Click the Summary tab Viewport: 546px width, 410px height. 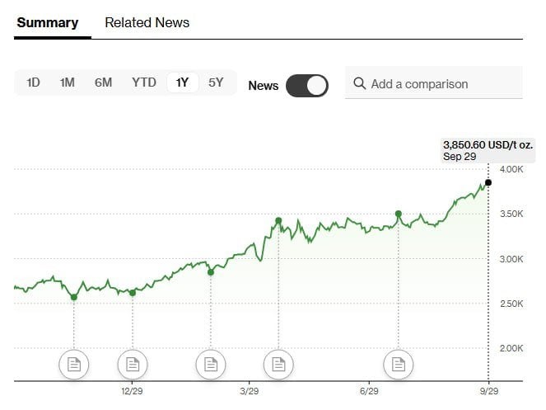pyautogui.click(x=48, y=22)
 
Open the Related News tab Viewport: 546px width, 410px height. pyautogui.click(x=147, y=22)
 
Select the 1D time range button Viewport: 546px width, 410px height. pyautogui.click(x=34, y=82)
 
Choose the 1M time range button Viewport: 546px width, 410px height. pyautogui.click(x=68, y=82)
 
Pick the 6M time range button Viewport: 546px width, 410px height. pyautogui.click(x=103, y=82)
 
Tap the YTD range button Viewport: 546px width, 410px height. pyautogui.click(x=144, y=82)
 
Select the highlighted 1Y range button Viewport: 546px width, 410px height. pyautogui.click(x=183, y=82)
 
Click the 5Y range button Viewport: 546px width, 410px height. pyautogui.click(x=216, y=82)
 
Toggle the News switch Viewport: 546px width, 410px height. pyautogui.click(x=307, y=85)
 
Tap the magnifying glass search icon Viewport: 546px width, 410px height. pyautogui.click(x=359, y=83)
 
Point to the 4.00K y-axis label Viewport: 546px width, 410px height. pyautogui.click(x=511, y=169)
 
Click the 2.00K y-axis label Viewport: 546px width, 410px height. pyautogui.click(x=511, y=348)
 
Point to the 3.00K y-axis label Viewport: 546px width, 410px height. pyautogui.click(x=511, y=259)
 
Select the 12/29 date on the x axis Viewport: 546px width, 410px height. pyautogui.click(x=132, y=390)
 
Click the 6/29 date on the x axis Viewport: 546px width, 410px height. pyautogui.click(x=369, y=390)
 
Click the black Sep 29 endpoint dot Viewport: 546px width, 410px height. pyautogui.click(x=488, y=182)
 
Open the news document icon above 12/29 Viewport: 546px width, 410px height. pyautogui.click(x=132, y=364)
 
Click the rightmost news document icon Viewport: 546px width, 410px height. pyautogui.click(x=399, y=364)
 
